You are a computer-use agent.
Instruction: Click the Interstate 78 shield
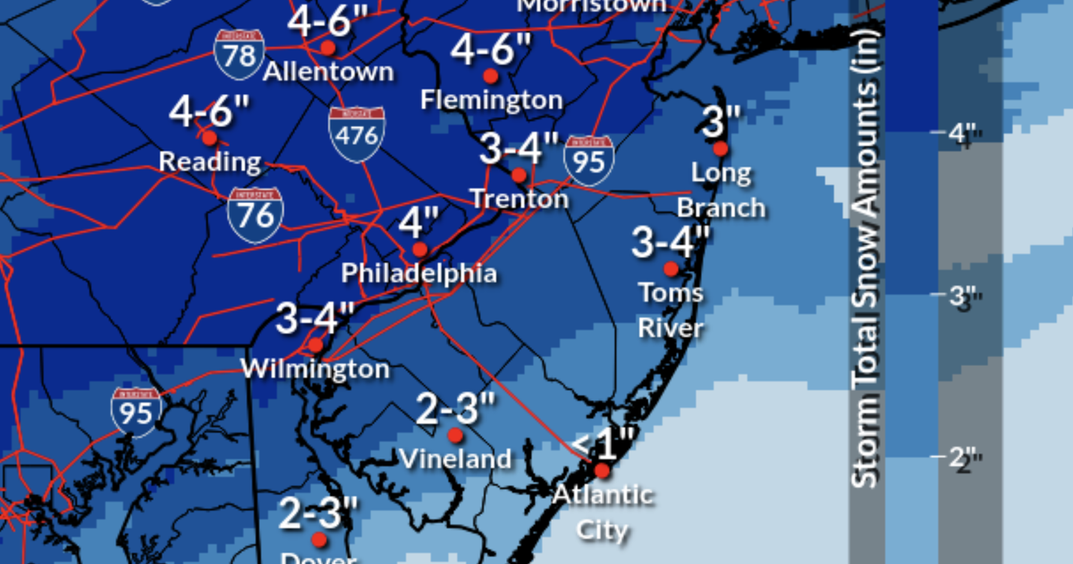pyautogui.click(x=238, y=53)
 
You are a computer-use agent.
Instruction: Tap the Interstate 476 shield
pyautogui.click(x=357, y=134)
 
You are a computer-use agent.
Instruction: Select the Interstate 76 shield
pyautogui.click(x=256, y=215)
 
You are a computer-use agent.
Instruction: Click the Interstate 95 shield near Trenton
pyautogui.click(x=589, y=161)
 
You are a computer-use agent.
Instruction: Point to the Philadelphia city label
pyautogui.click(x=419, y=273)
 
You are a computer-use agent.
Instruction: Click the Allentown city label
pyautogui.click(x=328, y=72)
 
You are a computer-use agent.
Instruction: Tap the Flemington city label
pyautogui.click(x=491, y=99)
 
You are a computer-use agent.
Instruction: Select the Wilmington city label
pyautogui.click(x=316, y=369)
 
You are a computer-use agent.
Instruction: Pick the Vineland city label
pyautogui.click(x=455, y=459)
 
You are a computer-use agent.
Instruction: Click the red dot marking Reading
pyautogui.click(x=209, y=138)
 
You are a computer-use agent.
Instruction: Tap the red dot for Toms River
pyautogui.click(x=671, y=269)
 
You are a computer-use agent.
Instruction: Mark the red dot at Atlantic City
pyautogui.click(x=602, y=470)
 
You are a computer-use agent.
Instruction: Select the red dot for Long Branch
pyautogui.click(x=721, y=149)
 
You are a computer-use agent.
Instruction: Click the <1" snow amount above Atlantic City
pyautogui.click(x=603, y=442)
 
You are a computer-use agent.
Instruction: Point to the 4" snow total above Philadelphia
pyautogui.click(x=419, y=223)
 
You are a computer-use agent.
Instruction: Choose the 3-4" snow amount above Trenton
pyautogui.click(x=519, y=148)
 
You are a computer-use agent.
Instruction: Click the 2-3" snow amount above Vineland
pyautogui.click(x=455, y=409)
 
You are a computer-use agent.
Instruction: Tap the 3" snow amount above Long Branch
pyautogui.click(x=721, y=121)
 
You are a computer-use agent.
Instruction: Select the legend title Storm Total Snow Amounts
pyautogui.click(x=866, y=255)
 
